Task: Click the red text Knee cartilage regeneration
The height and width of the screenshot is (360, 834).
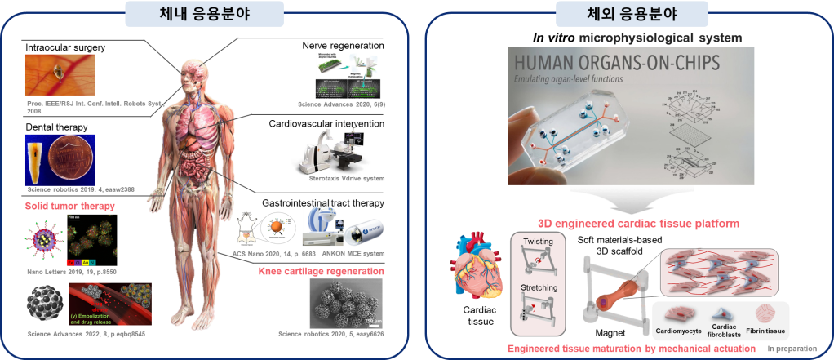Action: (x=321, y=272)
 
